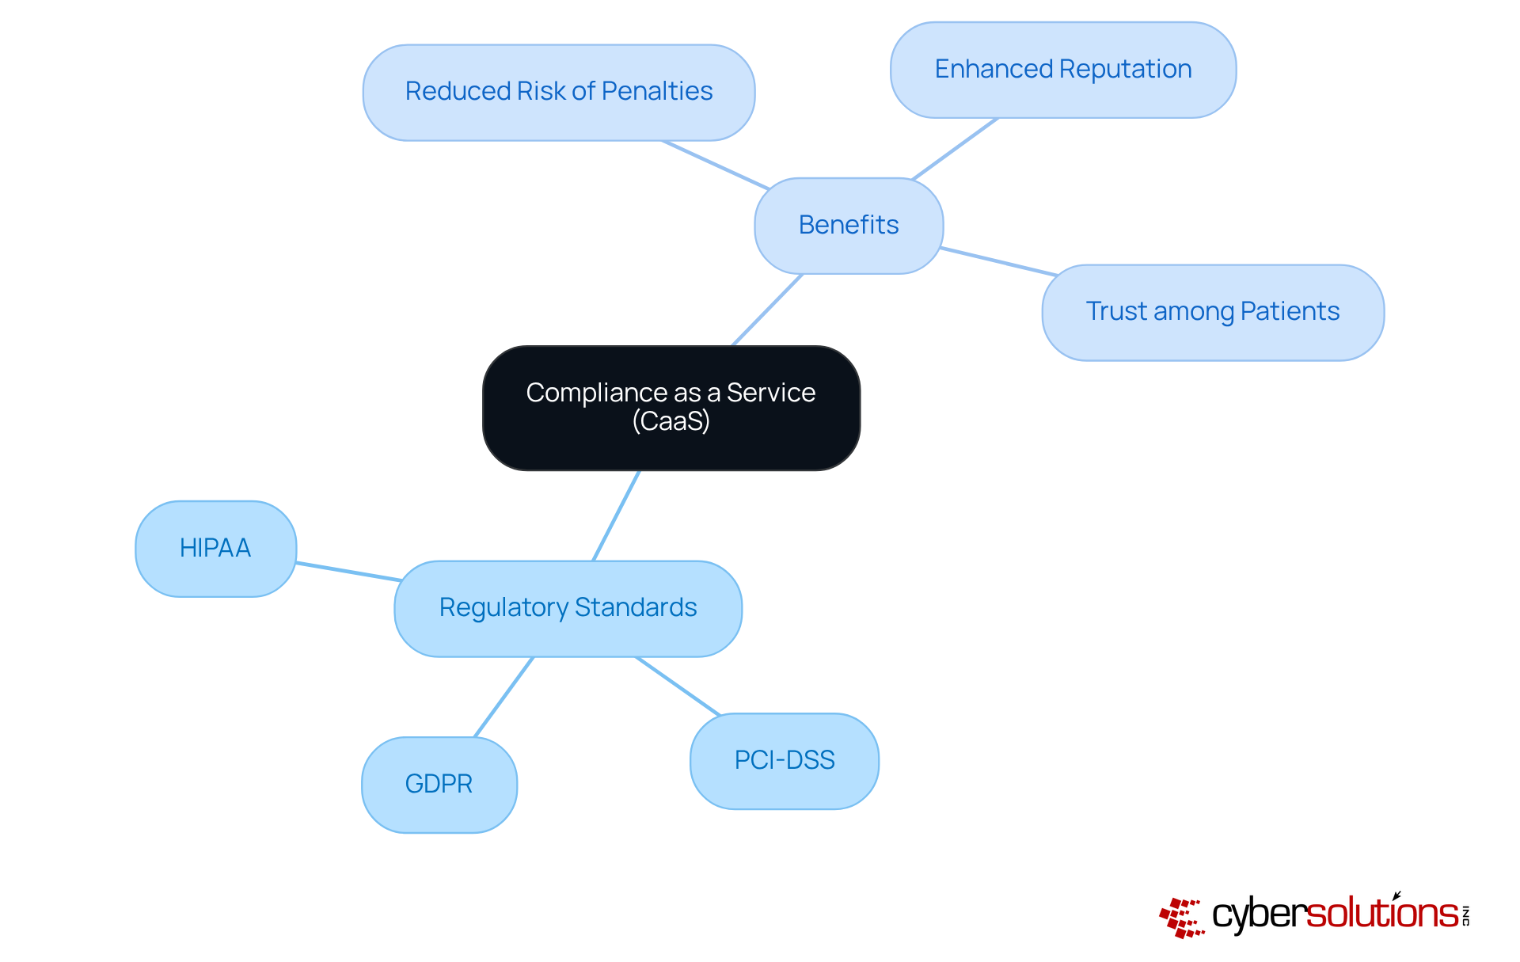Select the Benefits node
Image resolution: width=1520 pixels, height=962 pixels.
[849, 226]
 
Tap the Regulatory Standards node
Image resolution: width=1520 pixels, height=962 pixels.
[568, 608]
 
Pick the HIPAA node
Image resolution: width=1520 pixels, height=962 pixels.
[215, 548]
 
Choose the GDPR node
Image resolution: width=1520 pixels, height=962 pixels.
[439, 784]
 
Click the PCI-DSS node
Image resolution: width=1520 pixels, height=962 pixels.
[784, 760]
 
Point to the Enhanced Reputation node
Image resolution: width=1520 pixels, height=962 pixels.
[1062, 70]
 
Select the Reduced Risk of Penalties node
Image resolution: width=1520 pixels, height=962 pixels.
[558, 92]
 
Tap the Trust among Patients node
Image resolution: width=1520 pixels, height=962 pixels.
[1212, 312]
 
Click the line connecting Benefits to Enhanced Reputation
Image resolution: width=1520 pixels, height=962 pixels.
[955, 149]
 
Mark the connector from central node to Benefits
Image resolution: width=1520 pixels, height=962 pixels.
[767, 310]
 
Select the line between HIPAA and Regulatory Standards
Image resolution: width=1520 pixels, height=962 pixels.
[348, 572]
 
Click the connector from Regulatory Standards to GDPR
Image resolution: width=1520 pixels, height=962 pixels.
[503, 698]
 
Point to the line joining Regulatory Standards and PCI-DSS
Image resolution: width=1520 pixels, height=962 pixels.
[678, 686]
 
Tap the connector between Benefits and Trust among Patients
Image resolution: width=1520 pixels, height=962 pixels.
[999, 262]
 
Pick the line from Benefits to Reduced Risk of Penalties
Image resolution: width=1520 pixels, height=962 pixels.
[716, 165]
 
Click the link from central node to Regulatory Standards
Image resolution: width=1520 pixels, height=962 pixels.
[616, 515]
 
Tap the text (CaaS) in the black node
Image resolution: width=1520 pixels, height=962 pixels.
[671, 421]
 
